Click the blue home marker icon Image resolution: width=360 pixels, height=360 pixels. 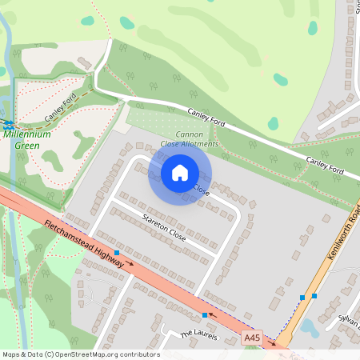[x=180, y=172]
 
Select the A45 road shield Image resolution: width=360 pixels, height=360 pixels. [x=252, y=339]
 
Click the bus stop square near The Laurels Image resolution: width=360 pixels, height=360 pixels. [x=205, y=315]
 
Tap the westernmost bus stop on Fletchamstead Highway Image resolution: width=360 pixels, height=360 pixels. [x=117, y=253]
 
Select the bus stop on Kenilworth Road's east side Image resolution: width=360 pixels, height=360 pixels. [x=314, y=296]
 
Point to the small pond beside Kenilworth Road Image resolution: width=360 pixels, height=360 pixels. [x=310, y=328]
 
